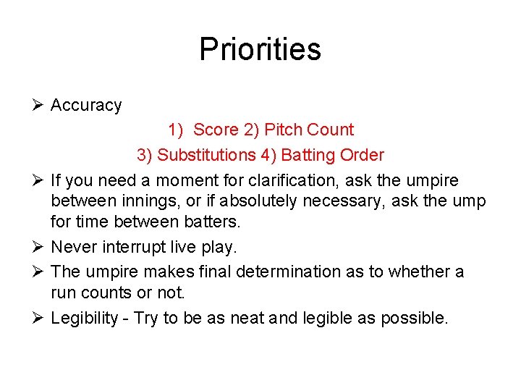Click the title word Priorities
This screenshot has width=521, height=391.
coord(260,49)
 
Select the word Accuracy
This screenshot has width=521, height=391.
coord(86,106)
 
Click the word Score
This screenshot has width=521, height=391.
coord(216,130)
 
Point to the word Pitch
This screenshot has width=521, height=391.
coord(284,130)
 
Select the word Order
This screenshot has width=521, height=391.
coord(361,155)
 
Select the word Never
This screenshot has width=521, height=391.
coord(72,247)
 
